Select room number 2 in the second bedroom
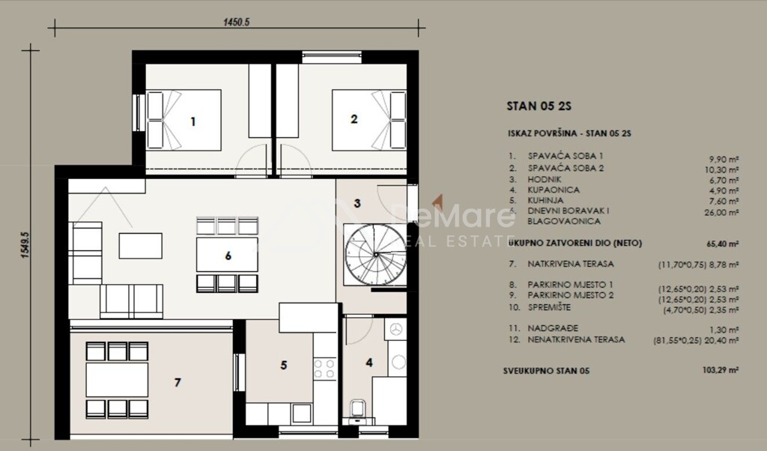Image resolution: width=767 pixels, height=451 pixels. (354, 118)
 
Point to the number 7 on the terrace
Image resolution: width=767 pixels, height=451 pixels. (178, 383)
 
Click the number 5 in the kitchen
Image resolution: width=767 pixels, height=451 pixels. (284, 366)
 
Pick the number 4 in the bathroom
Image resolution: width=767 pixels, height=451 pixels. (369, 363)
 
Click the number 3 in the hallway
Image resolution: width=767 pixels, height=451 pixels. (357, 203)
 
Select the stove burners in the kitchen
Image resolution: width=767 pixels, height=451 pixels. (324, 368)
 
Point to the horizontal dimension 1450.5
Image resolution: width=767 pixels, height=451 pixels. (236, 22)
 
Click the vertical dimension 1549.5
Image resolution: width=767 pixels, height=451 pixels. (24, 244)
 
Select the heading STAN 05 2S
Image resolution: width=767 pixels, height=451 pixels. (533, 106)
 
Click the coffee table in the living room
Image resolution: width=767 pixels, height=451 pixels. (140, 245)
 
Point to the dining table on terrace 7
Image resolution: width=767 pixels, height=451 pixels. (117, 380)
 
